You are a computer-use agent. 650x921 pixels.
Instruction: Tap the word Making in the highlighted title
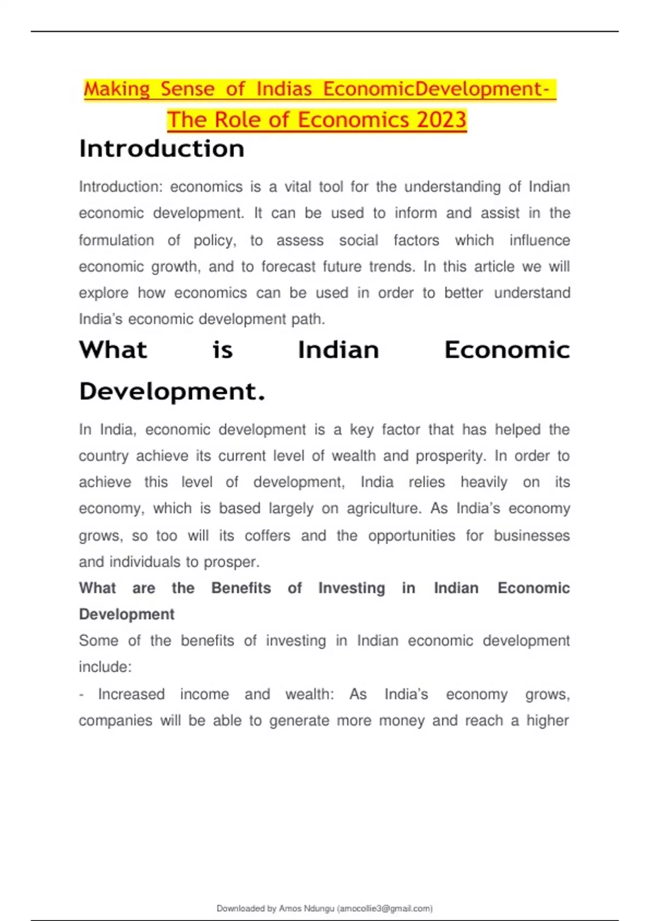point(117,89)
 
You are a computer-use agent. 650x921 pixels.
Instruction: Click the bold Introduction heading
point(161,149)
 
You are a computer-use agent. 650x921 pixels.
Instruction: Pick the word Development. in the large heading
point(172,391)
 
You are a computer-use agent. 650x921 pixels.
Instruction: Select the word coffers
point(267,536)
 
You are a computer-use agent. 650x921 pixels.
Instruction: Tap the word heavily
point(484,482)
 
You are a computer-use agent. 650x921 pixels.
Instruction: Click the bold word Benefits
point(241,588)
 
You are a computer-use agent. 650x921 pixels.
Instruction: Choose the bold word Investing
point(352,588)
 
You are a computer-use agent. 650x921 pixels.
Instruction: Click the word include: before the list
point(105,667)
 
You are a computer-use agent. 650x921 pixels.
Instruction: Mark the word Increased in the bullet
point(131,695)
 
